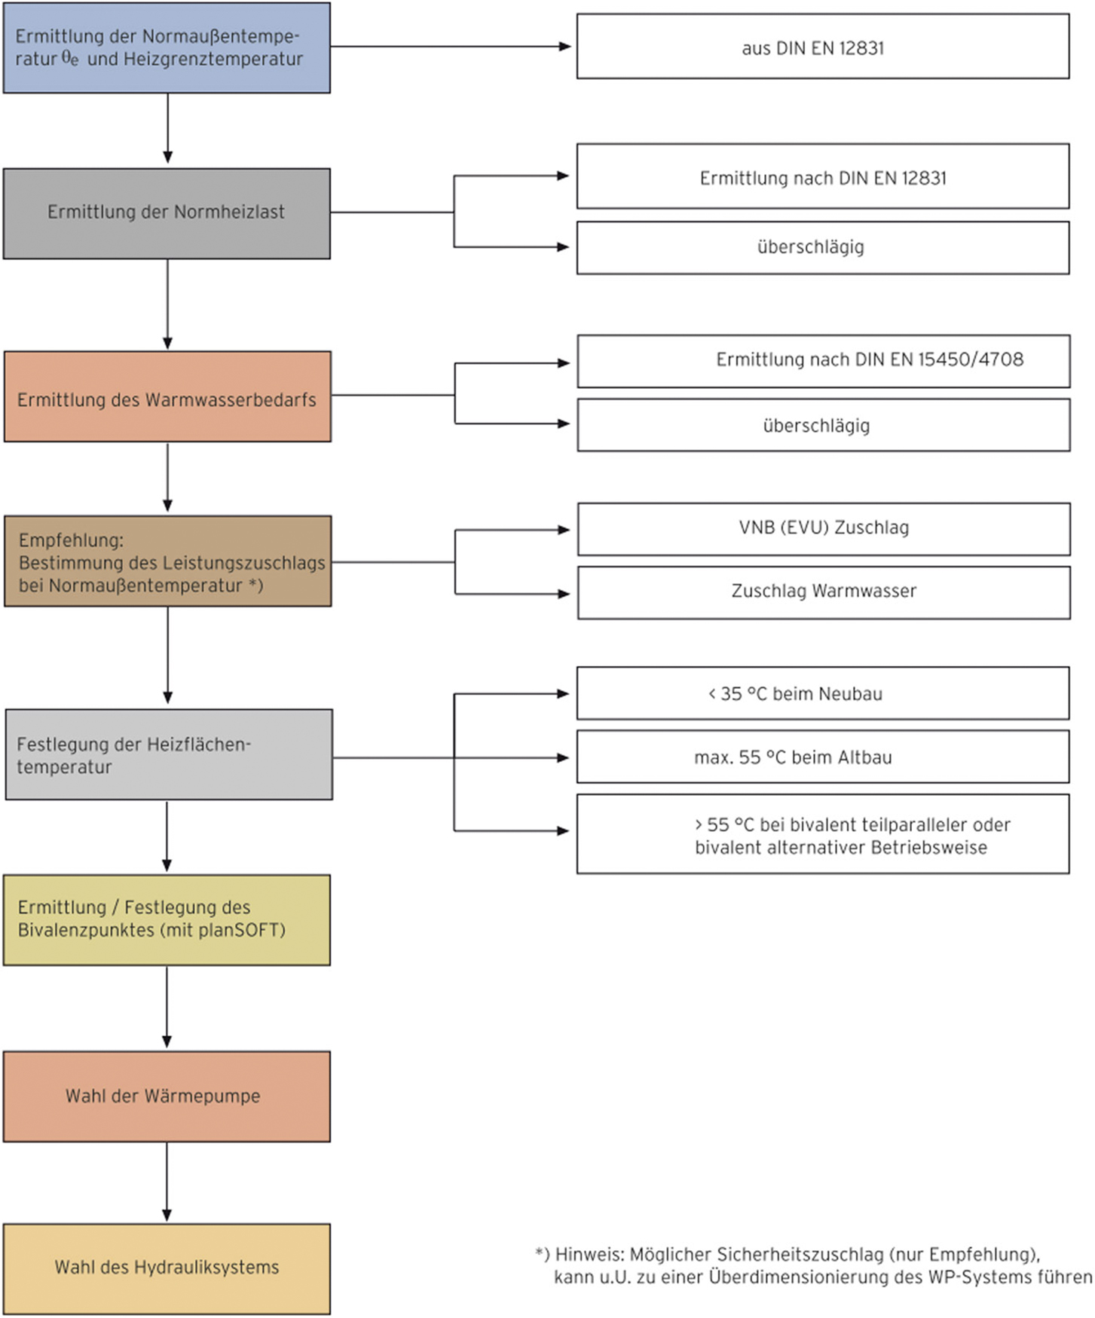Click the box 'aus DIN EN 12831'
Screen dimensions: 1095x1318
point(823,46)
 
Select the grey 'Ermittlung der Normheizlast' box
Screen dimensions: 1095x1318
point(167,213)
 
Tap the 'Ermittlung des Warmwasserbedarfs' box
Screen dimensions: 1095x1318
point(167,396)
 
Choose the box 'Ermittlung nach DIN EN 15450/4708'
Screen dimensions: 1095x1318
point(824,361)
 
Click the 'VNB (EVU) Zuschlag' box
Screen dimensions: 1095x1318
point(824,529)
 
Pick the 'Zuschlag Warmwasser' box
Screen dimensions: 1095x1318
point(824,593)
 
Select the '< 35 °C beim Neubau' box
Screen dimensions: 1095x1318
point(823,693)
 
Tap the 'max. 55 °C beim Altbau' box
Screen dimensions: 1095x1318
point(823,757)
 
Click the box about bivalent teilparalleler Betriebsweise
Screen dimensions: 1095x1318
point(823,834)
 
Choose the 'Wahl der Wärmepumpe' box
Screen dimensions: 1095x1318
point(167,1096)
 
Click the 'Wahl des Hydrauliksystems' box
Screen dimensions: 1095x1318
point(167,1269)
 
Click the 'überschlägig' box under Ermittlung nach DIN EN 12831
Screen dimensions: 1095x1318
point(823,247)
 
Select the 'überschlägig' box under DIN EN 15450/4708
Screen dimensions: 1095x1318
point(824,425)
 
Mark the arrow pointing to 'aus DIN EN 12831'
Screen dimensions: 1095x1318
point(451,46)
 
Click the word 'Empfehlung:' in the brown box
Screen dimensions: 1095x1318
point(71,540)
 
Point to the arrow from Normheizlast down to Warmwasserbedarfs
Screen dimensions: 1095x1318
point(167,304)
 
